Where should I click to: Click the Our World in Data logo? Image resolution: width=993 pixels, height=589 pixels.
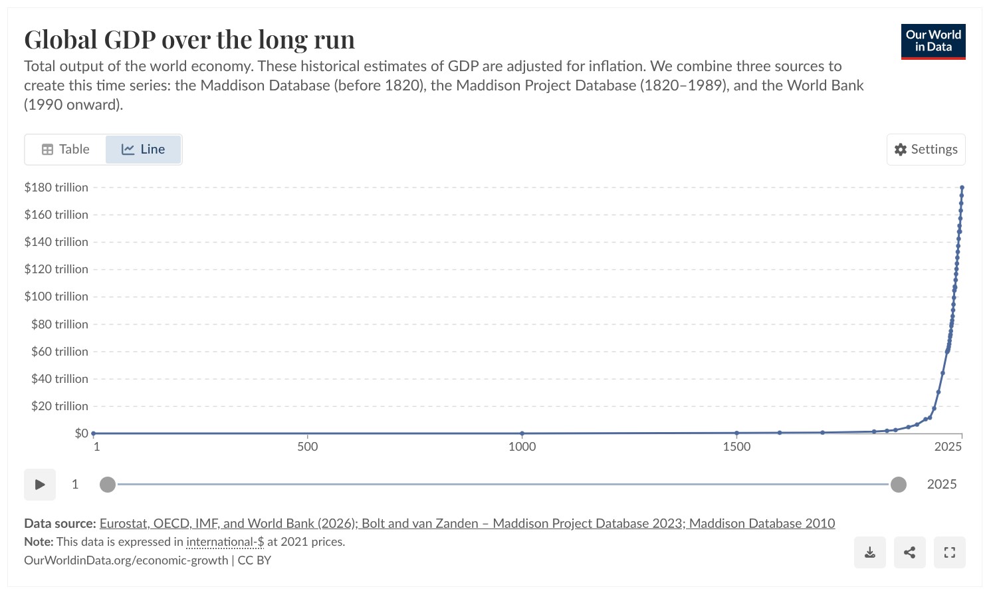pyautogui.click(x=933, y=41)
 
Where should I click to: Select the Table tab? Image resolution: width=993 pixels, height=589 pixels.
pyautogui.click(x=66, y=149)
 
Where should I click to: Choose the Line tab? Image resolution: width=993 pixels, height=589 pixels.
pyautogui.click(x=143, y=149)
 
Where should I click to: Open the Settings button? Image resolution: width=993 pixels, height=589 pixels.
pyautogui.click(x=926, y=150)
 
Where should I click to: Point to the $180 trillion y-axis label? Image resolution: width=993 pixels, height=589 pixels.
pyautogui.click(x=56, y=187)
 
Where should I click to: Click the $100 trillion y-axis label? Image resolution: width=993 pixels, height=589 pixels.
pyautogui.click(x=56, y=296)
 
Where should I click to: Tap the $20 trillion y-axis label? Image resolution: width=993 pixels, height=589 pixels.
pyautogui.click(x=60, y=406)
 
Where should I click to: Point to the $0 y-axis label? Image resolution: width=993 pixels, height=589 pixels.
pyautogui.click(x=82, y=433)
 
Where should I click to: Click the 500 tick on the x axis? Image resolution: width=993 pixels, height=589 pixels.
pyautogui.click(x=308, y=446)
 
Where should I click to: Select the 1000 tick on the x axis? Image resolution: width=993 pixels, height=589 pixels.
pyautogui.click(x=522, y=446)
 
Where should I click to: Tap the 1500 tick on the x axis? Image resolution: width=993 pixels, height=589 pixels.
pyautogui.click(x=736, y=446)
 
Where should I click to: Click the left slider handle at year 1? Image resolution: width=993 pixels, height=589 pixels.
pyautogui.click(x=108, y=485)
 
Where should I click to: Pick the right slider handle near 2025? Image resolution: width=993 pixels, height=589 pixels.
pyautogui.click(x=899, y=485)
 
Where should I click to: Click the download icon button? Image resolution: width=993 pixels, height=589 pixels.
pyautogui.click(x=870, y=552)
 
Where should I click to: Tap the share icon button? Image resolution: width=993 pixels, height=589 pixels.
pyautogui.click(x=910, y=552)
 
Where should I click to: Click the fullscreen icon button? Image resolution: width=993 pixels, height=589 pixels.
pyautogui.click(x=950, y=552)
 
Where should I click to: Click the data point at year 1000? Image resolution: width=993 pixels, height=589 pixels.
pyautogui.click(x=522, y=433)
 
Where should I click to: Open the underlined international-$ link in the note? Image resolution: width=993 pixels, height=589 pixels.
pyautogui.click(x=225, y=542)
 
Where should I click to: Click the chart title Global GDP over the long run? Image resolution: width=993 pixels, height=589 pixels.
pyautogui.click(x=189, y=39)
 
